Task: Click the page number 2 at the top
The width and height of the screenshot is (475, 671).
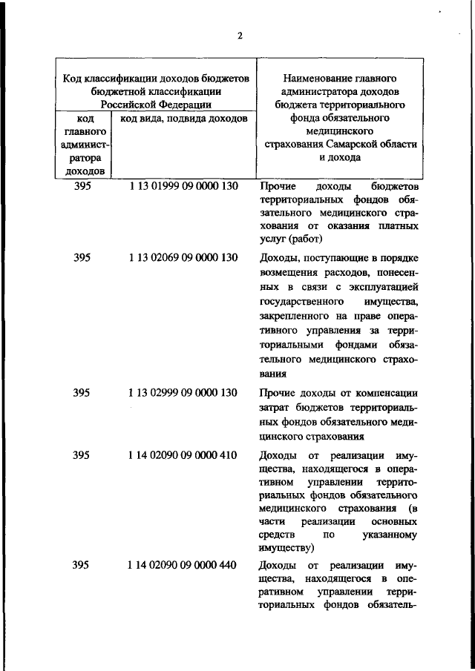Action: [x=240, y=35]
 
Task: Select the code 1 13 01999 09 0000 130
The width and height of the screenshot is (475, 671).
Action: [x=183, y=186]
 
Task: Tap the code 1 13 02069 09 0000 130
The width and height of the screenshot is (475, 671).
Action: [x=183, y=258]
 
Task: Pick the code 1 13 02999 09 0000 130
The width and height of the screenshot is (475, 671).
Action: [x=183, y=393]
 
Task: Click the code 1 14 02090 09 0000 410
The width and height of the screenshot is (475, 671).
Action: [x=183, y=455]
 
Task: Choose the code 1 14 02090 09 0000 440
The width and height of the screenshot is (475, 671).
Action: [x=183, y=566]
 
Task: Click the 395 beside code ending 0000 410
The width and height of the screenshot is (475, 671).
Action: [x=82, y=455]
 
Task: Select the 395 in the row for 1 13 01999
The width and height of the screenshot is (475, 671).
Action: [x=82, y=186]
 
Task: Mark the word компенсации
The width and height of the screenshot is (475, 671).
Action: [x=390, y=393]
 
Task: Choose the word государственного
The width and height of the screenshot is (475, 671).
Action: [x=301, y=303]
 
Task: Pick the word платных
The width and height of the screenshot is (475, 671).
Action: [x=398, y=225]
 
